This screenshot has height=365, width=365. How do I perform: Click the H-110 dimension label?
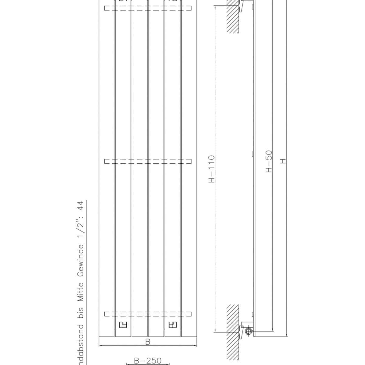pyautogui.click(x=212, y=169)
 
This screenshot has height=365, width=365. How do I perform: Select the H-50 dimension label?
pyautogui.click(x=269, y=161)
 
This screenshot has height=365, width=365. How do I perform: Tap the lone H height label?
pyautogui.click(x=283, y=161)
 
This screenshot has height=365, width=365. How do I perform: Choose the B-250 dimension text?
pyautogui.click(x=148, y=361)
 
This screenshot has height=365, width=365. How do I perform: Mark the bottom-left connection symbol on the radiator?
pyautogui.click(x=122, y=325)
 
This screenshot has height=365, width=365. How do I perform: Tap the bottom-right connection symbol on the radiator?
pyautogui.click(x=172, y=325)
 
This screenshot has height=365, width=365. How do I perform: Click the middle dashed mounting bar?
pyautogui.click(x=148, y=161)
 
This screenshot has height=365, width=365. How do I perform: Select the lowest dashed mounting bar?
pyautogui.click(x=148, y=314)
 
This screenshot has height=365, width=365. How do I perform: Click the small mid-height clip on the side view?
pyautogui.click(x=253, y=154)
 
